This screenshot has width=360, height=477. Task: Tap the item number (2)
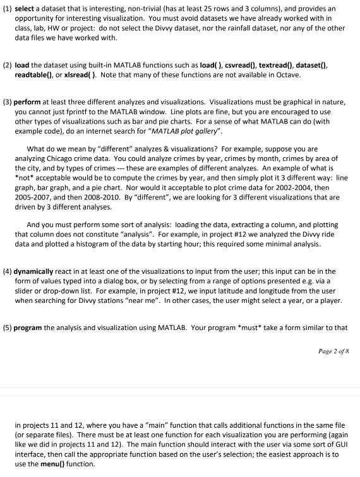(8, 65)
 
